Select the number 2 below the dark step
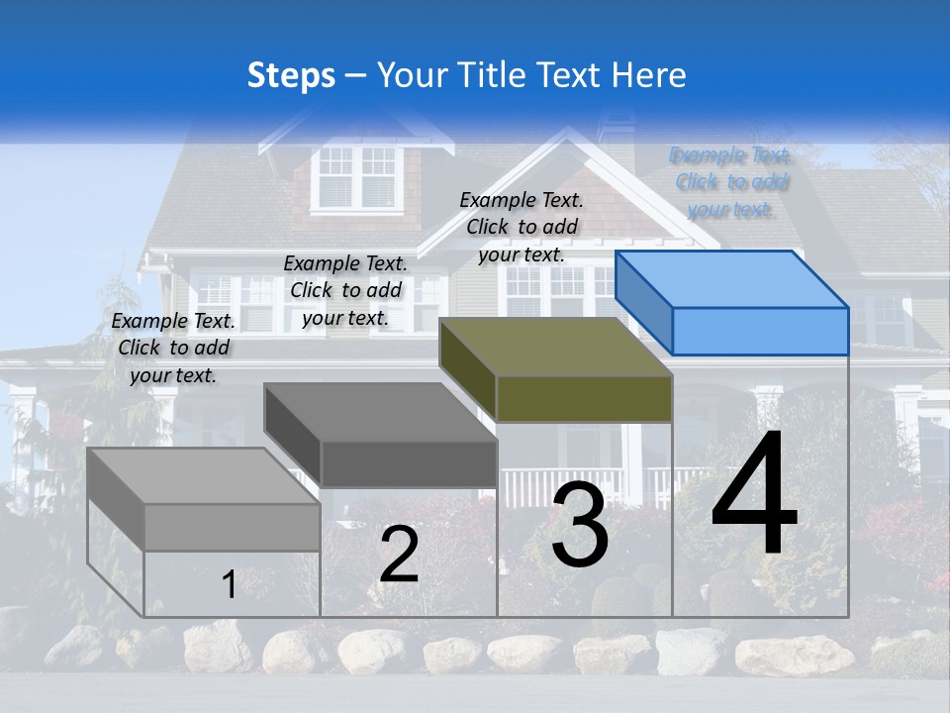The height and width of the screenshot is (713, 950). click(399, 554)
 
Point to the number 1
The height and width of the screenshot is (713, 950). click(230, 584)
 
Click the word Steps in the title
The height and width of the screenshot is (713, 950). click(291, 75)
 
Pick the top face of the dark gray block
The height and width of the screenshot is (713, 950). click(380, 412)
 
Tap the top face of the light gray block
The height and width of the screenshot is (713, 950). click(204, 476)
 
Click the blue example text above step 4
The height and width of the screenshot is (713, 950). click(731, 182)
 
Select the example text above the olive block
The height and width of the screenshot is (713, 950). click(522, 227)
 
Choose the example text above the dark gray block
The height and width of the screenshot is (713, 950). click(345, 290)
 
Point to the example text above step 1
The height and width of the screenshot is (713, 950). click(173, 348)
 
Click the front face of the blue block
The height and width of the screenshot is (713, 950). click(760, 331)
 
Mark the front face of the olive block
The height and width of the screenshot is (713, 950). click(584, 398)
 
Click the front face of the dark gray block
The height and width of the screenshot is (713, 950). click(408, 463)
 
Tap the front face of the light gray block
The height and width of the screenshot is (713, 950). click(232, 528)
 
